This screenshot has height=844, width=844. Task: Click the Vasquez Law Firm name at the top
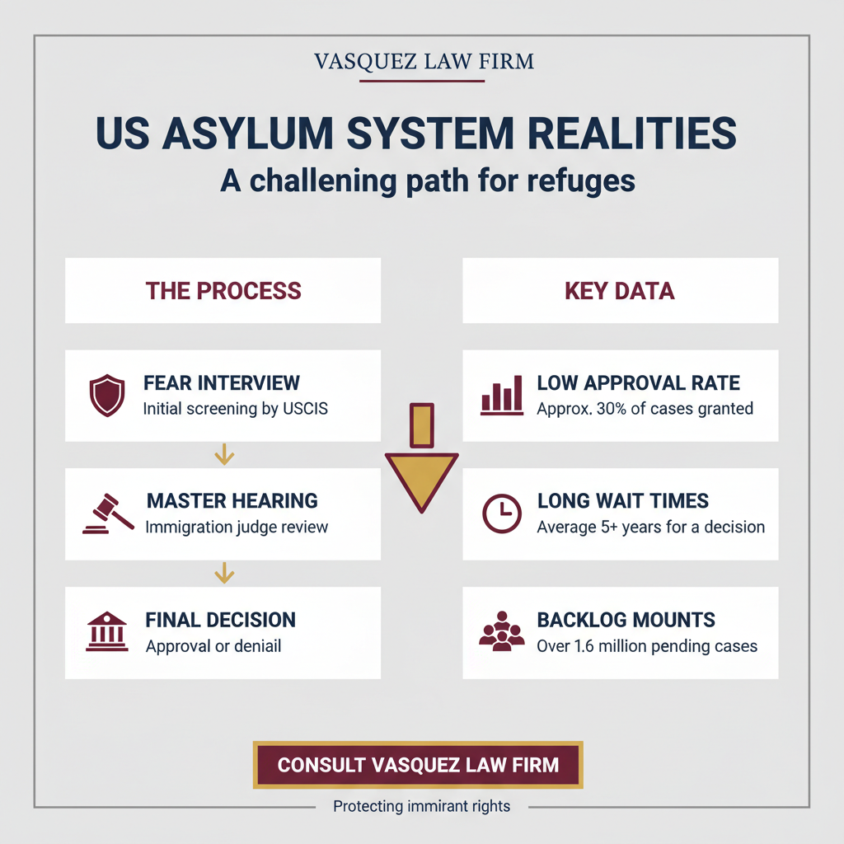click(x=424, y=61)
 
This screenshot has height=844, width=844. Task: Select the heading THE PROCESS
click(x=223, y=291)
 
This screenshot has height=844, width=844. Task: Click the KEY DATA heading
click(x=620, y=291)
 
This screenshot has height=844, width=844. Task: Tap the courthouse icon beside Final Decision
click(x=107, y=631)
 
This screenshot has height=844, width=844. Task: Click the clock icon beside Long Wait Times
click(x=502, y=513)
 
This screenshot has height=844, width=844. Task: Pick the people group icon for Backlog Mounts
click(x=502, y=631)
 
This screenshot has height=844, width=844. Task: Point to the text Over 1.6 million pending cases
click(x=647, y=645)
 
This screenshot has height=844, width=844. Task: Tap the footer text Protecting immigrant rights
click(x=422, y=806)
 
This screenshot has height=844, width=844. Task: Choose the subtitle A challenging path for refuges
click(x=428, y=181)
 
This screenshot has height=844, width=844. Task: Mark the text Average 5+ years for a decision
click(x=650, y=527)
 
